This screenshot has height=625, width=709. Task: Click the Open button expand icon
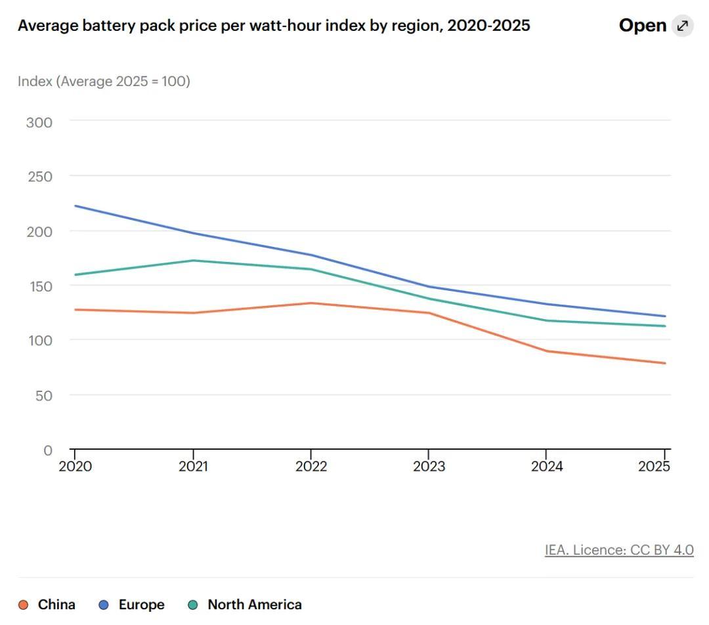pyautogui.click(x=682, y=26)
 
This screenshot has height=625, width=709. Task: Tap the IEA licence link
pyautogui.click(x=619, y=550)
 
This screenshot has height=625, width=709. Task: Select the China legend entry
pyautogui.click(x=47, y=605)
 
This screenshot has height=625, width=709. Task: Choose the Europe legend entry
pyautogui.click(x=131, y=605)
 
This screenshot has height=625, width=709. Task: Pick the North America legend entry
pyautogui.click(x=245, y=605)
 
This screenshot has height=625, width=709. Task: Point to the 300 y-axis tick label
pyautogui.click(x=39, y=123)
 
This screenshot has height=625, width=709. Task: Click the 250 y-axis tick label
pyautogui.click(x=40, y=177)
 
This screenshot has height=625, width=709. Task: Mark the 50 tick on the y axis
pyautogui.click(x=44, y=396)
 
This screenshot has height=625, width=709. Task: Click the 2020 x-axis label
pyautogui.click(x=75, y=466)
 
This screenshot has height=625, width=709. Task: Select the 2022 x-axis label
pyautogui.click(x=311, y=466)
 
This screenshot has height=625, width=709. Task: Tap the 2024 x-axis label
pyautogui.click(x=547, y=466)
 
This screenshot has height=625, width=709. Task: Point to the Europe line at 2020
pyautogui.click(x=75, y=206)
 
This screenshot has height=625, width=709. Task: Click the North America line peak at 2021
pyautogui.click(x=193, y=261)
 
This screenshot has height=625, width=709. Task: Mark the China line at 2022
pyautogui.click(x=311, y=303)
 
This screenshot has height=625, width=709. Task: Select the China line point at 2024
pyautogui.click(x=547, y=351)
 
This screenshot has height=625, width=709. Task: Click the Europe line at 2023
pyautogui.click(x=429, y=287)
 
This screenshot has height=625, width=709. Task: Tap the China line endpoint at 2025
pyautogui.click(x=664, y=363)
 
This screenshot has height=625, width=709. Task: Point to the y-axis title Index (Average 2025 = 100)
pyautogui.click(x=104, y=81)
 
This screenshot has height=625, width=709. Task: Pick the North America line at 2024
pyautogui.click(x=547, y=320)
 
